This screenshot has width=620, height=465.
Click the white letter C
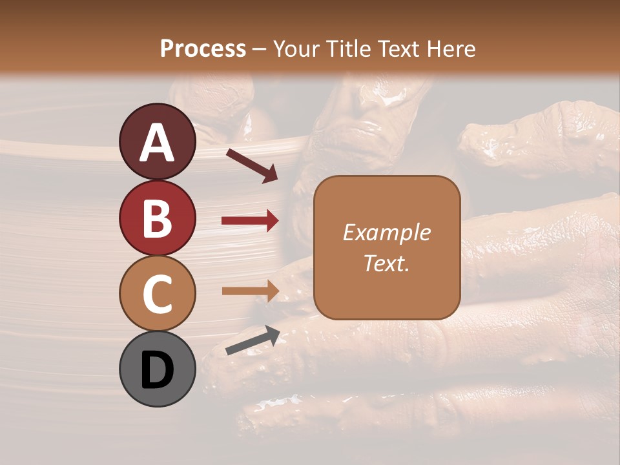coord(158,294)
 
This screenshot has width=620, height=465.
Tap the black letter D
coord(158,371)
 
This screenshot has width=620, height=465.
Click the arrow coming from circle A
coord(251,165)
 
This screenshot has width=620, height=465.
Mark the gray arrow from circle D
coord(252,340)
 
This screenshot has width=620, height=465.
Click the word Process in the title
coord(203,48)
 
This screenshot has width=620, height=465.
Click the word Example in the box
coord(386,232)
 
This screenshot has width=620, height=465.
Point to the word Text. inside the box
coord(386,263)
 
